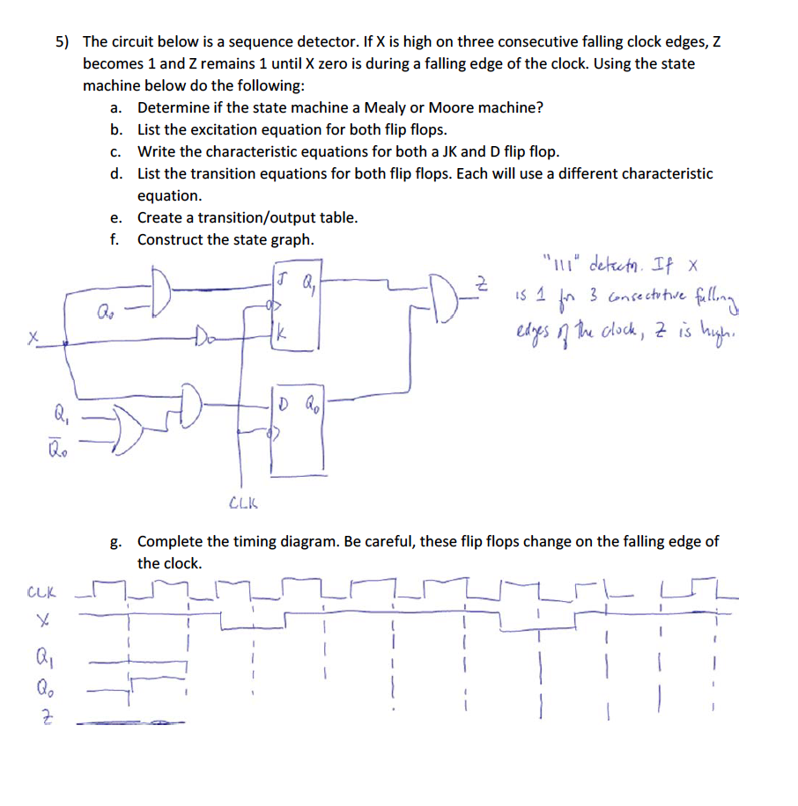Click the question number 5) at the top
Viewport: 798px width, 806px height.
63,42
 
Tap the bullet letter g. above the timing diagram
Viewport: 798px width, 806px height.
115,541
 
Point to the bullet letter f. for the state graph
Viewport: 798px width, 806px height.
115,239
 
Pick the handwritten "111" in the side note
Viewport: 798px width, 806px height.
562,264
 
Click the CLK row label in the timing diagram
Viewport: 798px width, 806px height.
40,595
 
